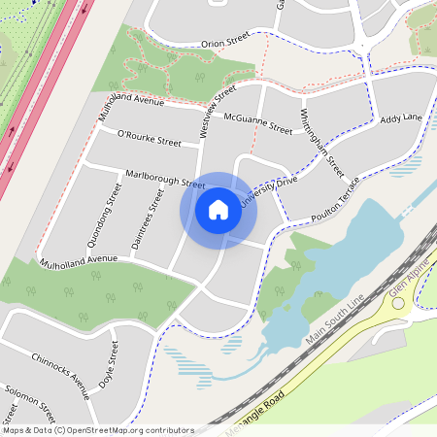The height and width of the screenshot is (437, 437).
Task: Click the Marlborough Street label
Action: click(x=165, y=178)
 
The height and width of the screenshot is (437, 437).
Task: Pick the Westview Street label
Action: click(x=218, y=110)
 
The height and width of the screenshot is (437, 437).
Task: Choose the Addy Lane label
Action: click(x=401, y=118)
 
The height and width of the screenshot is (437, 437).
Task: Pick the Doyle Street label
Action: click(x=108, y=365)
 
